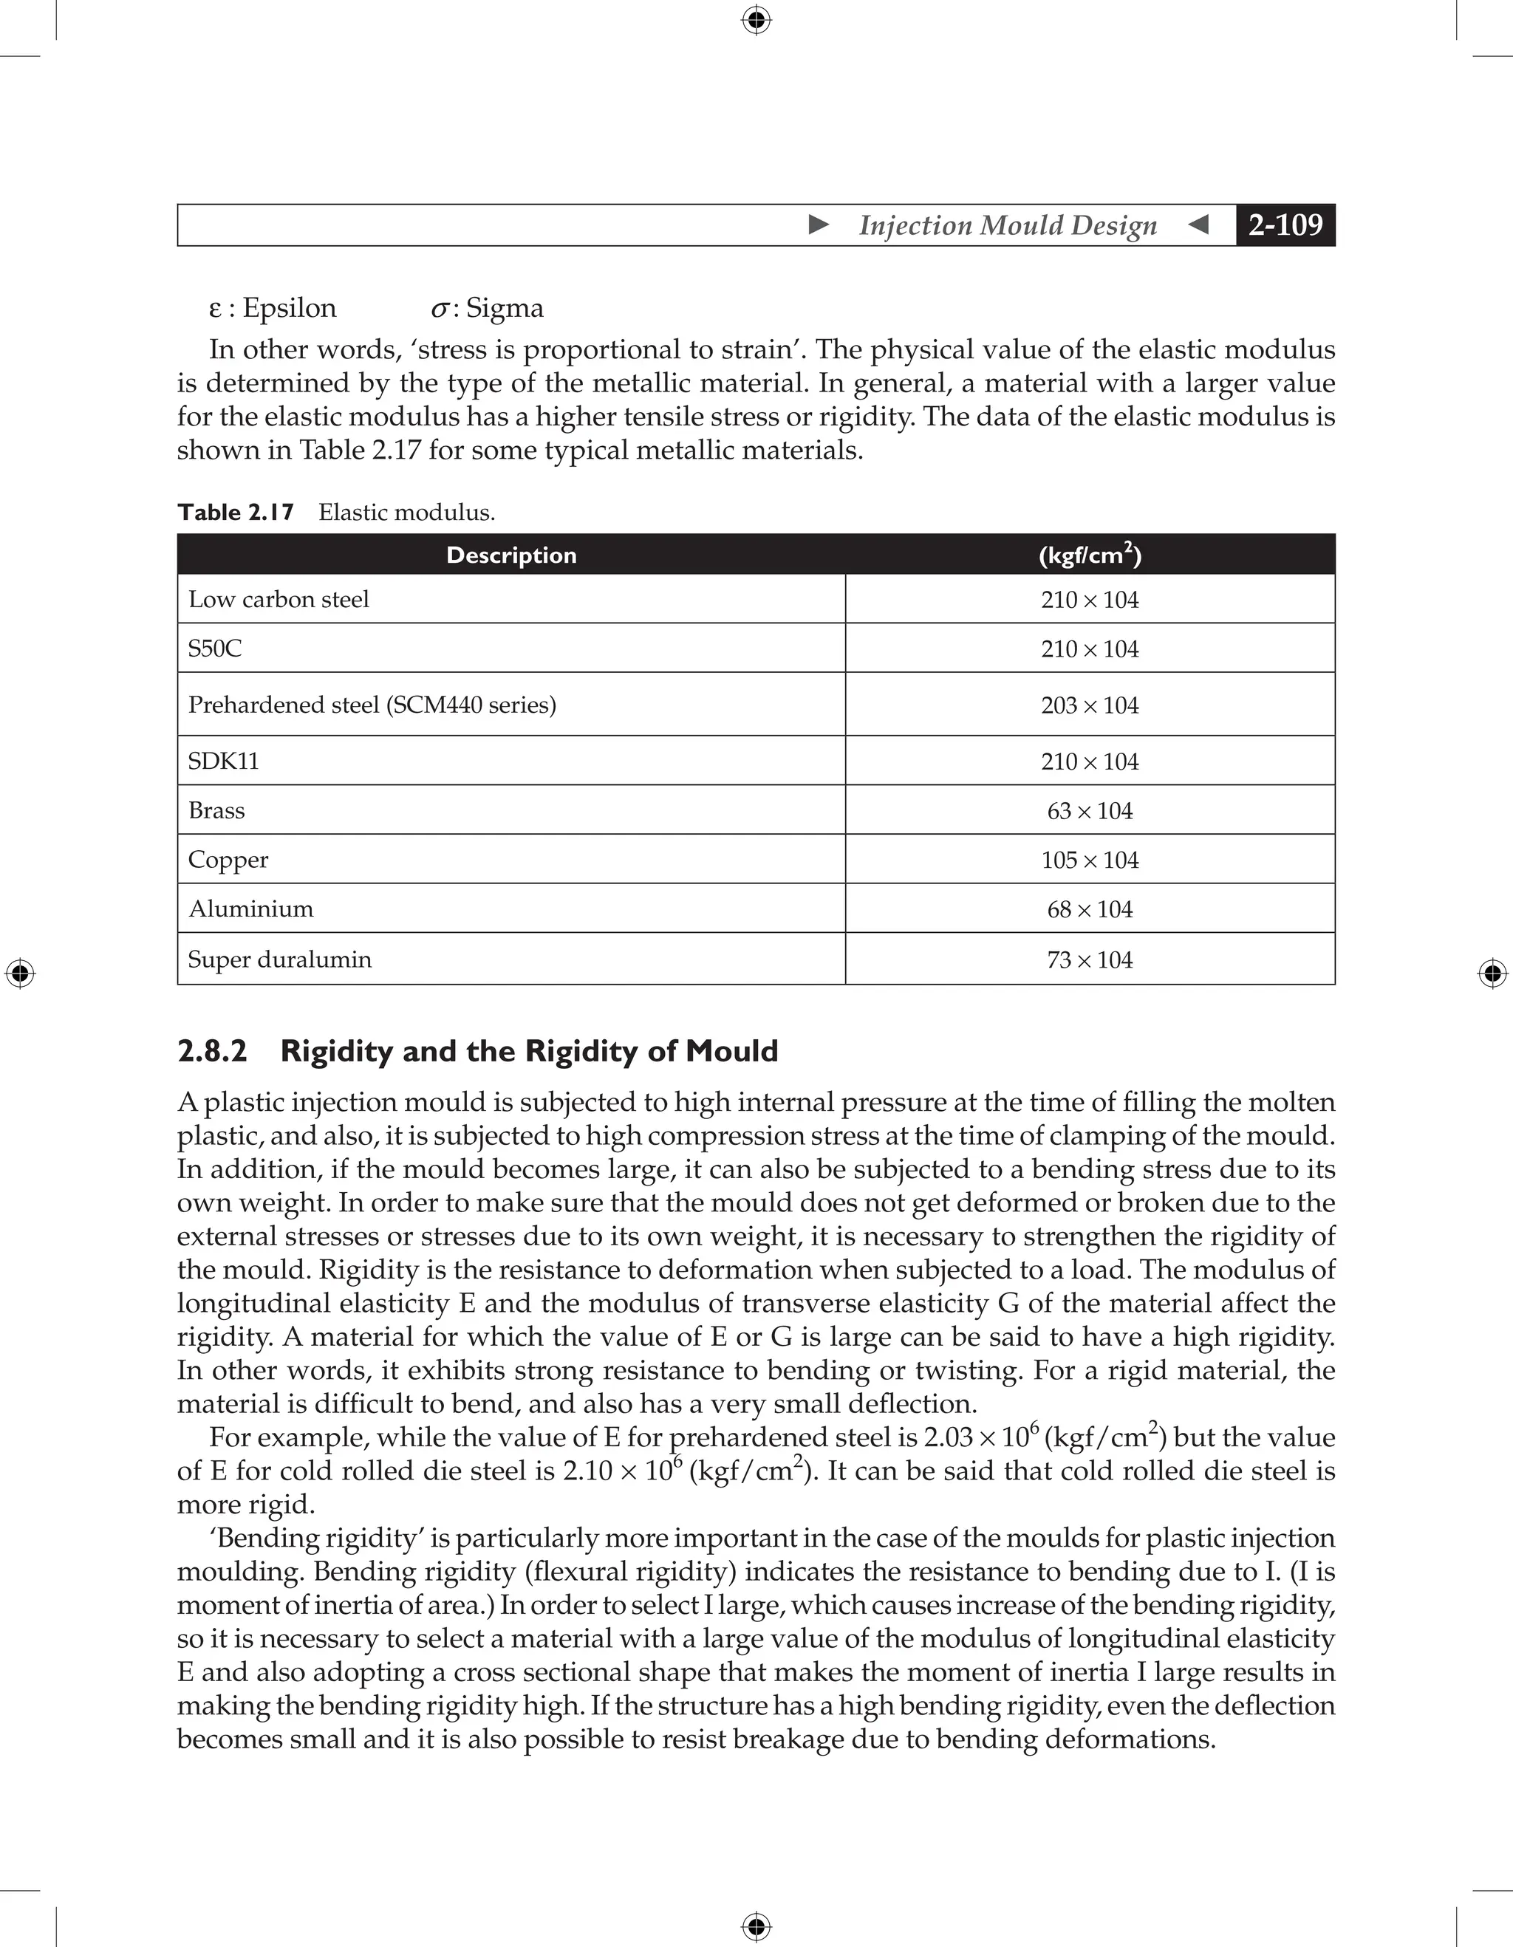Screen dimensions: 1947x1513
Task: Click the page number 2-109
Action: pyautogui.click(x=1285, y=225)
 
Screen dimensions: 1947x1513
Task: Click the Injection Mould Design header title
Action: pyautogui.click(x=1008, y=225)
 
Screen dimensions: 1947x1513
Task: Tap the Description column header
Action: pyautogui.click(x=511, y=555)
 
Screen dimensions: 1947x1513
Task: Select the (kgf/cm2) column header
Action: pyautogui.click(x=1090, y=555)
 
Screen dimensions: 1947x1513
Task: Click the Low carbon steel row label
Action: pyautogui.click(x=279, y=599)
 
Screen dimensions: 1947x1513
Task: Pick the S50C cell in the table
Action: pyautogui.click(x=215, y=648)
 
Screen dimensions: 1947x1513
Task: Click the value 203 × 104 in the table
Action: pyautogui.click(x=1090, y=705)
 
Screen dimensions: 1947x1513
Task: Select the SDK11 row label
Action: pyautogui.click(x=223, y=761)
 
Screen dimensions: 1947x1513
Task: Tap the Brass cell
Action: pyautogui.click(x=216, y=810)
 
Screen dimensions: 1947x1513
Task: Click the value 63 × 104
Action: pyautogui.click(x=1090, y=811)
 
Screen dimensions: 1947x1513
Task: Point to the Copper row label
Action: pyautogui.click(x=228, y=860)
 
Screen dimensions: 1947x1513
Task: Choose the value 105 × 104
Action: pyautogui.click(x=1090, y=860)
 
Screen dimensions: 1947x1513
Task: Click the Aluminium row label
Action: pyautogui.click(x=250, y=909)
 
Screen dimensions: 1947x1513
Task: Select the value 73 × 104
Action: pyautogui.click(x=1090, y=960)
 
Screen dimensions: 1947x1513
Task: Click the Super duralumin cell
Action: pyautogui.click(x=279, y=959)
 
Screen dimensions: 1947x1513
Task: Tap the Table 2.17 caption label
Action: pyautogui.click(x=236, y=513)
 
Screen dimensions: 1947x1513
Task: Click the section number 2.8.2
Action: pyautogui.click(x=212, y=1051)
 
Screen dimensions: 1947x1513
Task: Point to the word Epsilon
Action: pyautogui.click(x=289, y=307)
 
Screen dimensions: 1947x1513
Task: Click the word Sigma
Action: pyautogui.click(x=504, y=307)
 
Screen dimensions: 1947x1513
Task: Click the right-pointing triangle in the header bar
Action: pyautogui.click(x=819, y=225)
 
